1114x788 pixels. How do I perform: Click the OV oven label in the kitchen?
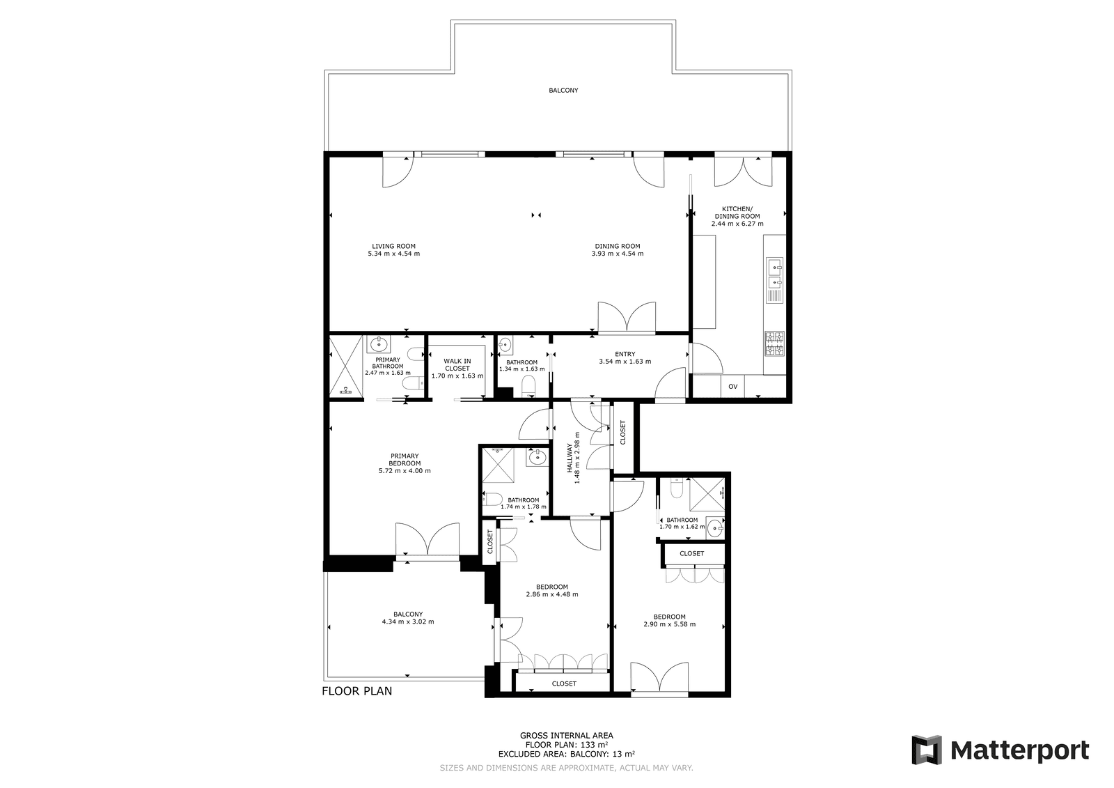732,386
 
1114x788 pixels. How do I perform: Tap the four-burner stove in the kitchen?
774,343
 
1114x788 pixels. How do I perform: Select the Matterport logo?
1000,750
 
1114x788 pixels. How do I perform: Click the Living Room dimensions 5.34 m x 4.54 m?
394,254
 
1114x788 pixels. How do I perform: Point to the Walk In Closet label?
457,364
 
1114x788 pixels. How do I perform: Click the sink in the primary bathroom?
379,343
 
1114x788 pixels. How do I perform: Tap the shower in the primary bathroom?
346,365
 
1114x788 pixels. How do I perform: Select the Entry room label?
625,354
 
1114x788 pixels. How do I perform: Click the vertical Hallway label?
570,458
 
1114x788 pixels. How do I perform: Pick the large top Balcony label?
563,90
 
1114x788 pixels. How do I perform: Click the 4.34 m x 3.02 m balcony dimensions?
408,621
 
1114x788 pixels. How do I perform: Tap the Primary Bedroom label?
405,459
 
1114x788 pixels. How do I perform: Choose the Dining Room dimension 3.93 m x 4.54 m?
618,254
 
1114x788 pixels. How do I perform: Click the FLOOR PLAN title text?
357,691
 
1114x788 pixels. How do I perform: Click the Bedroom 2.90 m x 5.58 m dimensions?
669,624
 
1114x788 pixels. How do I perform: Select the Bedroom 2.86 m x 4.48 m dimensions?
552,594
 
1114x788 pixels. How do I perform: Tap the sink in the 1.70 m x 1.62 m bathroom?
715,528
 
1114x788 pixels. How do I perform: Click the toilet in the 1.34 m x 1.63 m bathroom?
528,385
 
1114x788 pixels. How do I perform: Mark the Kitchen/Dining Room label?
737,213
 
